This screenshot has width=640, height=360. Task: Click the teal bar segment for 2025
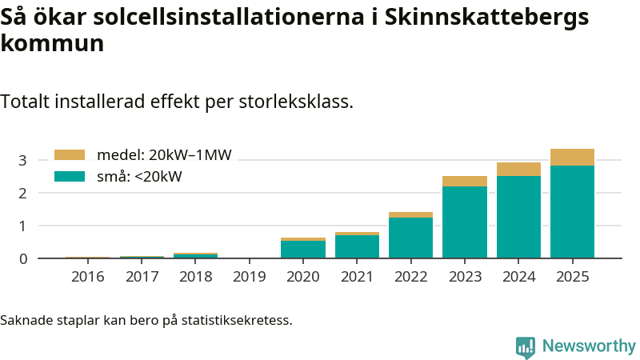point(572,212)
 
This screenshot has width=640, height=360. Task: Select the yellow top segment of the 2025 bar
point(572,157)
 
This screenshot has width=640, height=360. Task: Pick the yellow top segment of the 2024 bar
point(518,169)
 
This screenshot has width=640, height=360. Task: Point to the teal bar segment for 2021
point(357,246)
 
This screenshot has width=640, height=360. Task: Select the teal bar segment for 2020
point(303,250)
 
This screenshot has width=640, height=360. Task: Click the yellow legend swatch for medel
point(69,155)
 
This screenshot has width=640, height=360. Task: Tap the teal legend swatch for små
point(69,177)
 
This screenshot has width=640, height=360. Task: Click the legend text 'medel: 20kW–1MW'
point(164,155)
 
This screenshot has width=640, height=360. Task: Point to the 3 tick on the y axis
point(22,160)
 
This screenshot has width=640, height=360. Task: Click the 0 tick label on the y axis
point(22,258)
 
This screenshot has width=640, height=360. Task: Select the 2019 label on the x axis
point(250,277)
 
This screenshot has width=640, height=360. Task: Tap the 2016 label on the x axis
point(88,277)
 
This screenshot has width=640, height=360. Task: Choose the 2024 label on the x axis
point(518,277)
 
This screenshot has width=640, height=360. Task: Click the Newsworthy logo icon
point(526,346)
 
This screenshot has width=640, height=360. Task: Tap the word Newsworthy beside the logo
point(589,346)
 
